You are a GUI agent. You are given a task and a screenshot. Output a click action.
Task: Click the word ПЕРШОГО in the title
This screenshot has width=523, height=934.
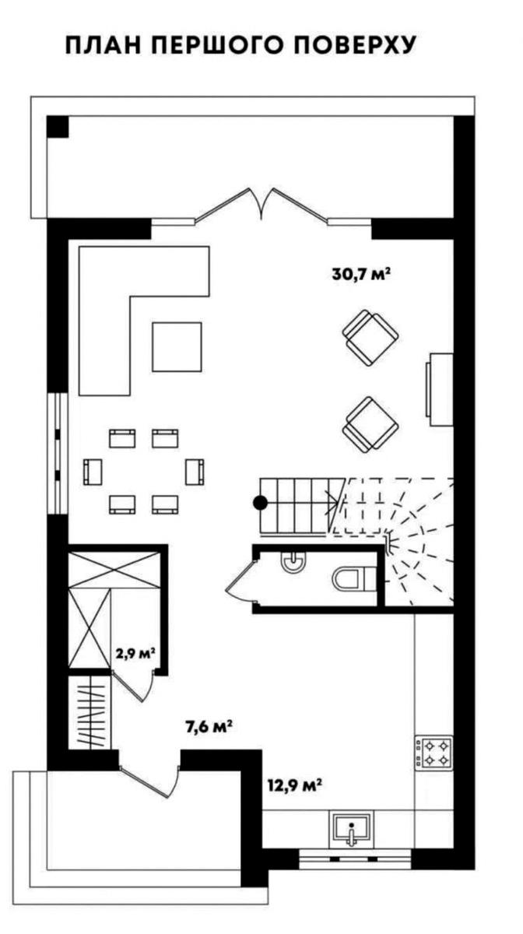(219, 45)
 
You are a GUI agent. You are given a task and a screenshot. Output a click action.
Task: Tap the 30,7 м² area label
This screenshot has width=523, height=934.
(361, 274)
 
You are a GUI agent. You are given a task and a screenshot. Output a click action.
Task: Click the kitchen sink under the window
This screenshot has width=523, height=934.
(352, 827)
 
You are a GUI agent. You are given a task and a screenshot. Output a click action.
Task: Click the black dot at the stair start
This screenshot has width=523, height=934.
(261, 504)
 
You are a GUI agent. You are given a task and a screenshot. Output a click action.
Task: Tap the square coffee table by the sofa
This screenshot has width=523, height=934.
(177, 347)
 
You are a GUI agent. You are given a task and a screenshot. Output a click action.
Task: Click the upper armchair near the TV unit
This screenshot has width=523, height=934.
(370, 338)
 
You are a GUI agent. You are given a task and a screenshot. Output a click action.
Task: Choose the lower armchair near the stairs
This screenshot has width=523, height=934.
(370, 424)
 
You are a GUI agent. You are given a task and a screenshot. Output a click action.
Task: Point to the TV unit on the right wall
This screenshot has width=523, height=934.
(439, 389)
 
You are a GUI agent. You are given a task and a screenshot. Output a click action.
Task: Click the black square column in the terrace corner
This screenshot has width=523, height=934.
(58, 127)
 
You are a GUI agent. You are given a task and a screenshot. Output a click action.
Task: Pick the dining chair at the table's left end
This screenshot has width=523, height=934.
(93, 472)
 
